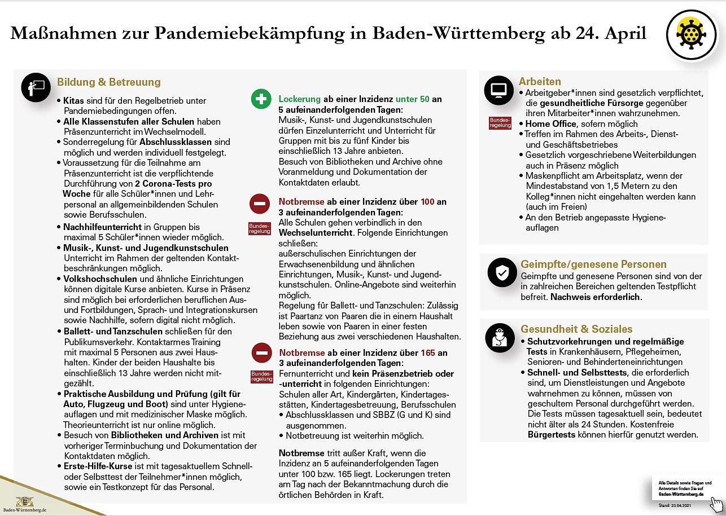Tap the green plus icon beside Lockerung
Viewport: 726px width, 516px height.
(x=261, y=99)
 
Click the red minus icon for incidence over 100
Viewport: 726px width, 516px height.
(x=260, y=203)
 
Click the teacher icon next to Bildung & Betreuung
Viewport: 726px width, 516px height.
(x=36, y=87)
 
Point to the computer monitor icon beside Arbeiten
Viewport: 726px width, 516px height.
(x=499, y=89)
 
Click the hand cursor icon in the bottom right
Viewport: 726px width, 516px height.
(x=716, y=504)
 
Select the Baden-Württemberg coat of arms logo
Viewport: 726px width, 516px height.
(x=24, y=501)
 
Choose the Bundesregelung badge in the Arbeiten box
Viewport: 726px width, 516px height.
(x=500, y=123)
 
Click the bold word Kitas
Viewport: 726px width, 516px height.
(x=73, y=101)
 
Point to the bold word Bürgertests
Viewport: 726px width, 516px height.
(x=551, y=435)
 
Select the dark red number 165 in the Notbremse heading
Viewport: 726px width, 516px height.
(x=427, y=353)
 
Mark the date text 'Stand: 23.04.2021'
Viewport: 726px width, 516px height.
(x=674, y=505)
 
